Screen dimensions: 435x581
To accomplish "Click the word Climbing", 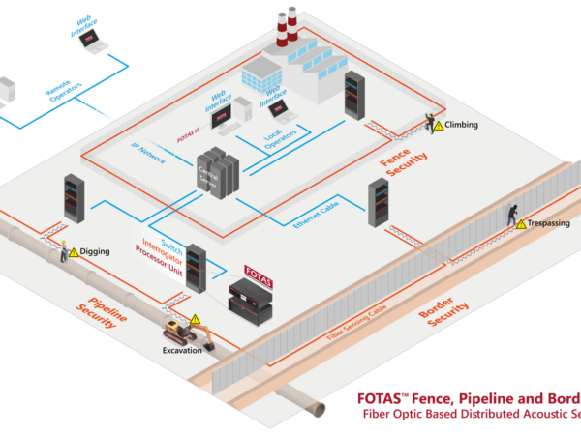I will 462,126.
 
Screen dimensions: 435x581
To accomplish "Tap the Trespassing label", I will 549,223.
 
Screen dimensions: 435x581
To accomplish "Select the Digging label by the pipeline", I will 95,251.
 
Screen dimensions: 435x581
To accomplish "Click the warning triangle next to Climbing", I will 438,126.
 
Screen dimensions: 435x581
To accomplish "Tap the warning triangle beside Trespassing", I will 520,223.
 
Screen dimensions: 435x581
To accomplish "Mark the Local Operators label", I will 280,144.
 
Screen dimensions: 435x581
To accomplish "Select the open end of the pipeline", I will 314,411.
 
